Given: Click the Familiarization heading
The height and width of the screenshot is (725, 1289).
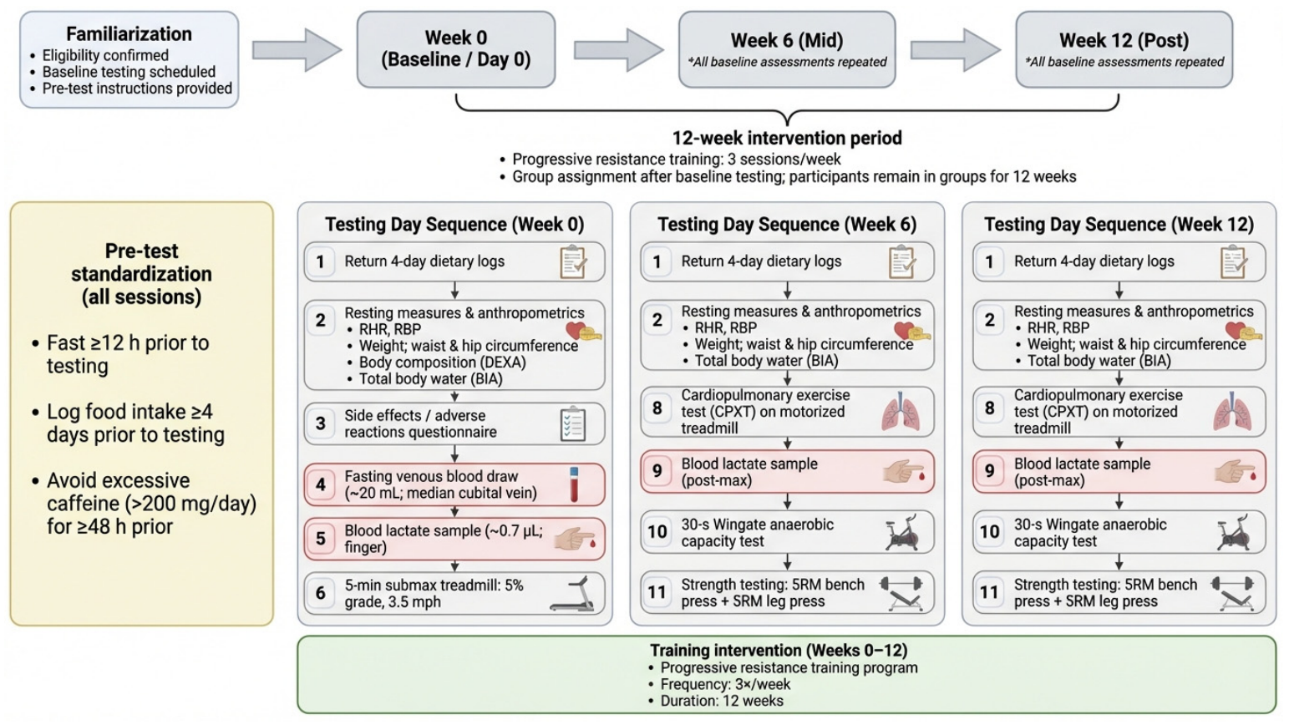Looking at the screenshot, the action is pos(129,34).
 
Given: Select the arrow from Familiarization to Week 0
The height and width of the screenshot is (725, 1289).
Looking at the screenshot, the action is pos(297,51).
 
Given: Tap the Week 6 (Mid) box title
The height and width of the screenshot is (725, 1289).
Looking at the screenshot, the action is pos(787,40).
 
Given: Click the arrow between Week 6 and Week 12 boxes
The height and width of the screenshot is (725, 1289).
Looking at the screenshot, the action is pos(955,51).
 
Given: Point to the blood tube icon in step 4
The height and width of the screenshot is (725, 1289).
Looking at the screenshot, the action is pos(574,484).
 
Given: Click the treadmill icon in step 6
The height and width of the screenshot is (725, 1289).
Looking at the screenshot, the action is pos(572,594).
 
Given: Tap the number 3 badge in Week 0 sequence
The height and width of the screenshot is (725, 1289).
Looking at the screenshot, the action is pos(321,423).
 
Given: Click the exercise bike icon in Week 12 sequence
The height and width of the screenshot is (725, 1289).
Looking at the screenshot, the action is pos(1232,532).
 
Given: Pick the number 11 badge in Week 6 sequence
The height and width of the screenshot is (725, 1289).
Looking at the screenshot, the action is pos(657,592).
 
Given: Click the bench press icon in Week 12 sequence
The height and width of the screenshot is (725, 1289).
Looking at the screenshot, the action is pos(1232,593).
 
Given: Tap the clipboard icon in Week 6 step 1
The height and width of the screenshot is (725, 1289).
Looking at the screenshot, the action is pos(901,261).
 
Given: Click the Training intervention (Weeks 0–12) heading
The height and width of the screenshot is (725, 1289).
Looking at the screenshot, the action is pos(779,650).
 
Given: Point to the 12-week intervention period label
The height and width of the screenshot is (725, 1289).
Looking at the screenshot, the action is pos(787,138).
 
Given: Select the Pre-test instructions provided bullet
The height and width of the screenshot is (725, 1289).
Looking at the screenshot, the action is pos(132,88).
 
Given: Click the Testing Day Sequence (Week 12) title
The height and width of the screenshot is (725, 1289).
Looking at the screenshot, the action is pos(1119,224).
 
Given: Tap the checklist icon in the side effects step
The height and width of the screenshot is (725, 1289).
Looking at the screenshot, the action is pos(572,424).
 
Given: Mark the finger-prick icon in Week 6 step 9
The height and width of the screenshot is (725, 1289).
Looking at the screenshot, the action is pos(903,471).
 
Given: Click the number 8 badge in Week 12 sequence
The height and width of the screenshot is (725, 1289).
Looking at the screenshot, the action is pos(989,408).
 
